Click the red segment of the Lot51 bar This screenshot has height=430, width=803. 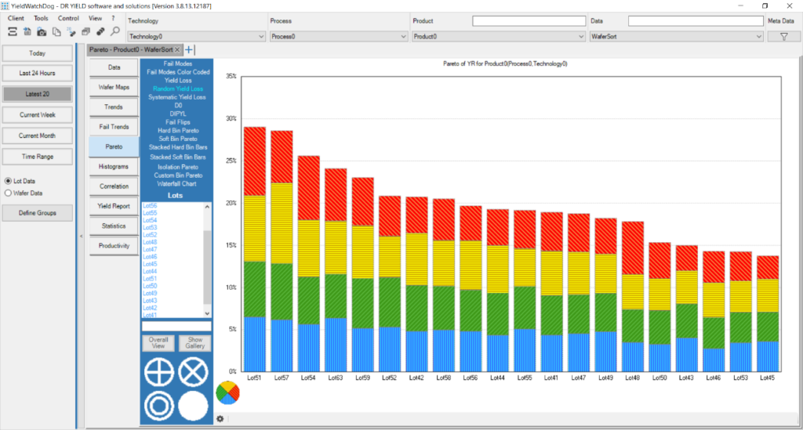[x=255, y=161]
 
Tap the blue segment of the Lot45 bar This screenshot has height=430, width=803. [x=768, y=356]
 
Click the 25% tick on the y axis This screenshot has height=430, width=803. [x=231, y=161]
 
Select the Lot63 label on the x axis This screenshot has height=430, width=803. [x=336, y=378]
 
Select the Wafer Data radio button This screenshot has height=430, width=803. [x=9, y=192]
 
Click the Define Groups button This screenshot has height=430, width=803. [x=37, y=212]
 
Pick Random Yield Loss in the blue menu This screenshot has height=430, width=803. [x=178, y=89]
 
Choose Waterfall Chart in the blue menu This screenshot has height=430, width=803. [x=178, y=183]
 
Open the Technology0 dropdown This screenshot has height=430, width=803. [x=196, y=36]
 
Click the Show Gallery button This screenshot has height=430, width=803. [x=194, y=343]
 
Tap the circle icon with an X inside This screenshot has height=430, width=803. [x=193, y=372]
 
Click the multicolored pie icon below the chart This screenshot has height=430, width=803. [x=227, y=394]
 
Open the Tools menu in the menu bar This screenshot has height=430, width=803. [x=41, y=17]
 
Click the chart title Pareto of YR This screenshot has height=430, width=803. [x=505, y=63]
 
